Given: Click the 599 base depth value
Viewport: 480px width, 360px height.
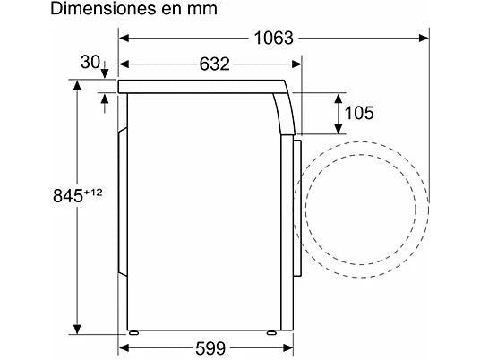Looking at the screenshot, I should click(x=208, y=347).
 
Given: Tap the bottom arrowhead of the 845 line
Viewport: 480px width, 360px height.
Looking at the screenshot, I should click(x=76, y=326).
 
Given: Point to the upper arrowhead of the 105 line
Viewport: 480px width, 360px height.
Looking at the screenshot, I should click(x=340, y=97).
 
